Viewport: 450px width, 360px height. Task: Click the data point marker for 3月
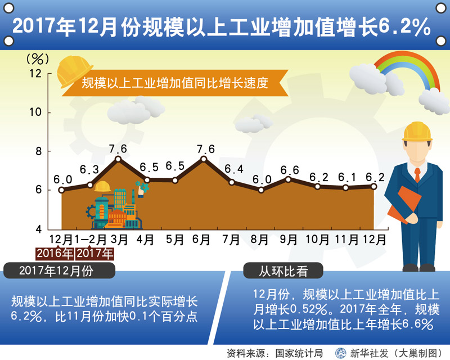(x=118, y=159)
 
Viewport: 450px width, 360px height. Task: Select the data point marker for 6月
(x=204, y=159)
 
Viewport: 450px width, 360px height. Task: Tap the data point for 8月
(x=261, y=190)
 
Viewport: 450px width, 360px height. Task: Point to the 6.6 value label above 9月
(x=290, y=170)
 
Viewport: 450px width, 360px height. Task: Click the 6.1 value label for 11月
(x=346, y=177)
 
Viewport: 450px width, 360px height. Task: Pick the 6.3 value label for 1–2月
(x=89, y=169)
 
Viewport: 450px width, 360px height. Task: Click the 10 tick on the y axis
(x=35, y=112)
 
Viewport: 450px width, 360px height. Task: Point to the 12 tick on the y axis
(x=35, y=74)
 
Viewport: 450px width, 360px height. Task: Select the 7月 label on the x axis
(x=231, y=240)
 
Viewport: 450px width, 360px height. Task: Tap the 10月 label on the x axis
(x=317, y=240)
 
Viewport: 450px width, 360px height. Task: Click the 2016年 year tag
(x=55, y=254)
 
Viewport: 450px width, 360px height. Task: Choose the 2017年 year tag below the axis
(x=94, y=254)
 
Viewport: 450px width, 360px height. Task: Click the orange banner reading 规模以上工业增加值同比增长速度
(x=175, y=83)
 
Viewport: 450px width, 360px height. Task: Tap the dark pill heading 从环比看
(x=283, y=271)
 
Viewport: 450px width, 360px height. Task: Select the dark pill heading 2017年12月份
(x=59, y=271)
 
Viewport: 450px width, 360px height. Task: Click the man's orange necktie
(x=417, y=174)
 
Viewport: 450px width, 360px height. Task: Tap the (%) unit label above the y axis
(x=38, y=59)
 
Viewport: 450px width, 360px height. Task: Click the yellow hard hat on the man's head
(x=417, y=132)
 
